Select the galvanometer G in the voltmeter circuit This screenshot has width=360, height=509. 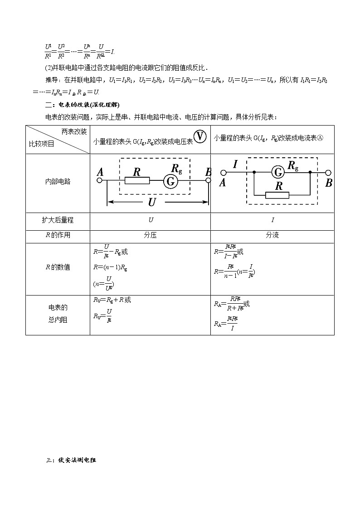click(x=170, y=181)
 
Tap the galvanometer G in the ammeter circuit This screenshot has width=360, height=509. click(x=278, y=172)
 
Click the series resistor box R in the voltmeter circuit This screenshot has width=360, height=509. click(x=137, y=180)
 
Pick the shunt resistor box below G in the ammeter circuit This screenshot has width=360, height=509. click(x=277, y=195)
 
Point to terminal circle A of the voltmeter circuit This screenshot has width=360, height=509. click(x=100, y=180)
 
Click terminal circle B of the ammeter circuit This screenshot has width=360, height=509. click(x=328, y=173)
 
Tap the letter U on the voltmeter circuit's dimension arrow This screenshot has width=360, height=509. click(x=152, y=203)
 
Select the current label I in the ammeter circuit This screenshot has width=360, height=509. click(x=235, y=165)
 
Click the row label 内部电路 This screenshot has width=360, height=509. click(x=58, y=181)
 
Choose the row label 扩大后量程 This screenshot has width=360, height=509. click(x=58, y=220)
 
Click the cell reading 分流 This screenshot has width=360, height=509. click(x=272, y=236)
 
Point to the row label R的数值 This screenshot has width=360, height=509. click(x=58, y=267)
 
